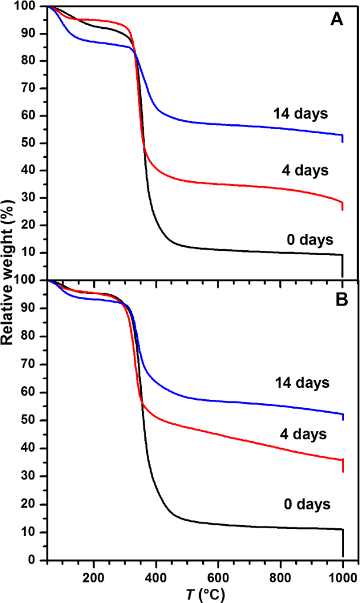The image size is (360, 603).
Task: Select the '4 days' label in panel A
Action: (x=304, y=170)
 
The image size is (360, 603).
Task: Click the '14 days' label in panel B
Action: (x=302, y=383)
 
